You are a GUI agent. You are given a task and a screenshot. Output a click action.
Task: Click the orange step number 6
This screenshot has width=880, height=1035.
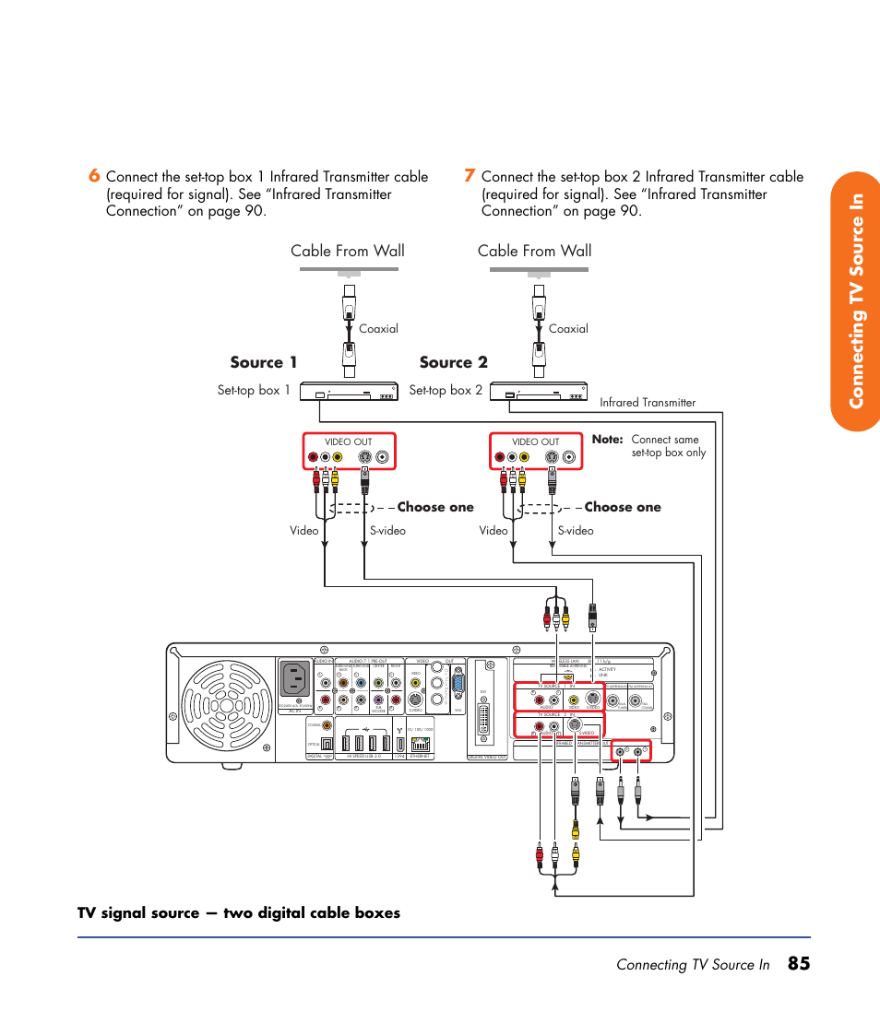point(93,176)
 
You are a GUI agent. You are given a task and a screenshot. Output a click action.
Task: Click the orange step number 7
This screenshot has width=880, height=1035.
point(470,176)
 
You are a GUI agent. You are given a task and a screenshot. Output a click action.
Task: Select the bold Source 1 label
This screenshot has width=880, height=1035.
point(264,362)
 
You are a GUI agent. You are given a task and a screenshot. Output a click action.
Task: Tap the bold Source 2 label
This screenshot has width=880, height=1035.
point(453,362)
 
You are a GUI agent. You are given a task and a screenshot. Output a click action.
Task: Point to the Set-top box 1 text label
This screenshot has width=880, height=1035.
point(254,390)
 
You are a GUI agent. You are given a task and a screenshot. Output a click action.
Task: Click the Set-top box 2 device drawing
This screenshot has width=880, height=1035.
point(539,392)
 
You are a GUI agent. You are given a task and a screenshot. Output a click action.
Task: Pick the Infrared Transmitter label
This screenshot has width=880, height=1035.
point(648,403)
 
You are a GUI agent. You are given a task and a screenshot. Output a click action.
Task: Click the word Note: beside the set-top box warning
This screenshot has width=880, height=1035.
point(608,441)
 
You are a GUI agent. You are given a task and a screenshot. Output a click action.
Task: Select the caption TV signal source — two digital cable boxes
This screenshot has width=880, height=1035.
point(239,912)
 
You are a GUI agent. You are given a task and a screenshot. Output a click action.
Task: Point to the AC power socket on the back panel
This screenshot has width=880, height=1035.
point(295,680)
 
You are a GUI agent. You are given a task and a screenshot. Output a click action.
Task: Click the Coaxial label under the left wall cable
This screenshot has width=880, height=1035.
point(378,328)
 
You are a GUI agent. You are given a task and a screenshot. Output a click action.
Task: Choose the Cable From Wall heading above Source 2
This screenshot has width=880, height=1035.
point(535,251)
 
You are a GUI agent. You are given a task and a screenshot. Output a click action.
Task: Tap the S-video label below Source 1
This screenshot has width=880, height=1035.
point(387,530)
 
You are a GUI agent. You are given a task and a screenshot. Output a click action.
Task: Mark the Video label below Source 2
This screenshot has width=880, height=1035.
point(494,530)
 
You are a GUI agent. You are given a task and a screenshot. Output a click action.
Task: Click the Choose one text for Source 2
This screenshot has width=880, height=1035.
point(623,507)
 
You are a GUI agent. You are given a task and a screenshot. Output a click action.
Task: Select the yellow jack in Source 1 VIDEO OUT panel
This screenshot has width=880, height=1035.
point(338,457)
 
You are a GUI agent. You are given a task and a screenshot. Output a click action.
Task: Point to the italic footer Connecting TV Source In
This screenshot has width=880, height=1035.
point(693,965)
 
